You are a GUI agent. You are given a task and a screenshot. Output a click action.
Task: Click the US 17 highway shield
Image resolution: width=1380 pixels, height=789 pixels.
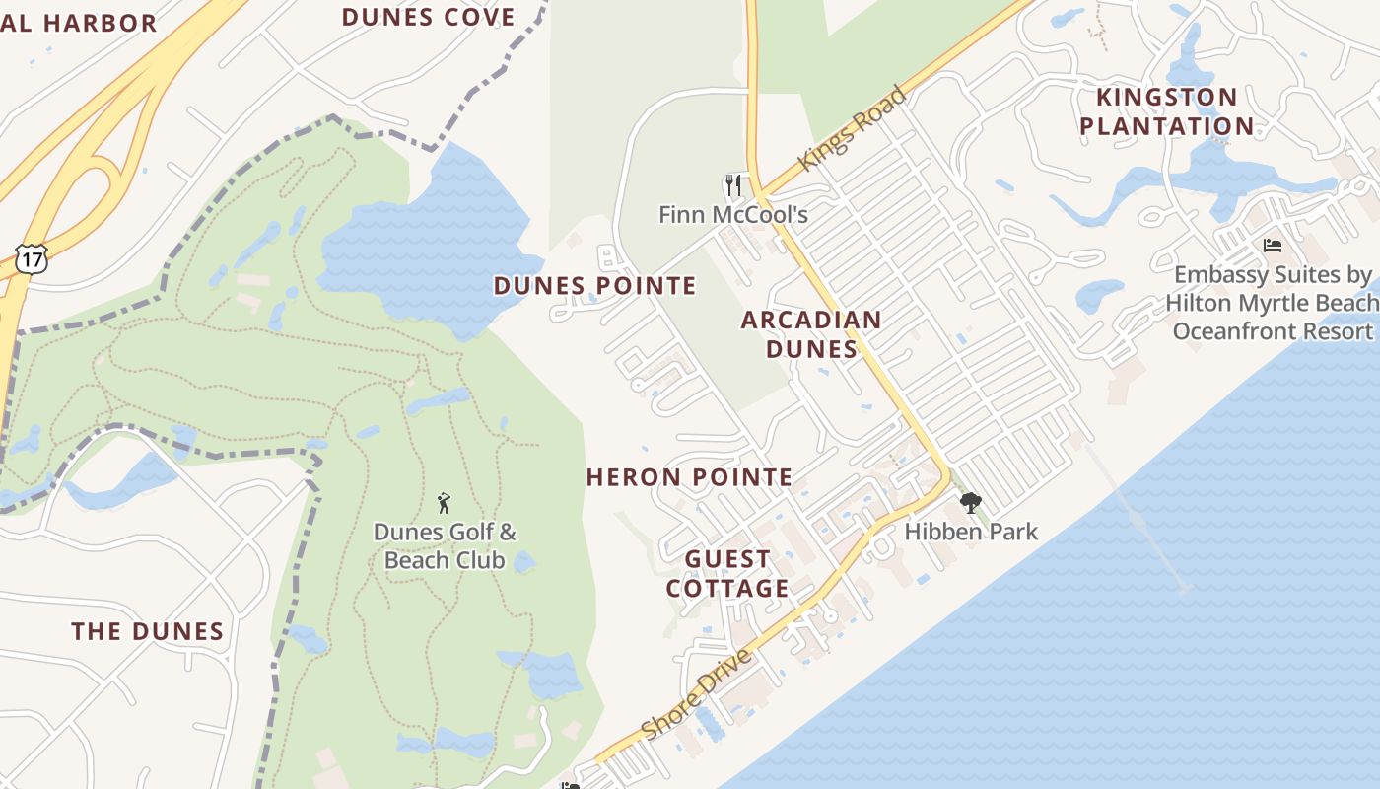click(x=31, y=258)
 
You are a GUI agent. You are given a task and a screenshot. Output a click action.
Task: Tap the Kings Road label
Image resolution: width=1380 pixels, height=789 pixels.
click(x=853, y=129)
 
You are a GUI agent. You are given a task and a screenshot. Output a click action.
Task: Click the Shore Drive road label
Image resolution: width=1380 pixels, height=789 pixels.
click(x=697, y=693)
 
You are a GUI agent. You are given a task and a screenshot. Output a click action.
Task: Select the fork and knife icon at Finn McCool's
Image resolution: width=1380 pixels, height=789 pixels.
click(x=732, y=185)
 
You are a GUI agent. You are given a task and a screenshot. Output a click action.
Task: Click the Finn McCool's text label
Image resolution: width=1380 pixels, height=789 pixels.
click(x=732, y=214)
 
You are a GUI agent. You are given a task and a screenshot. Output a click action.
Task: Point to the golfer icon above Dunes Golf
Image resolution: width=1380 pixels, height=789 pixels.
click(x=444, y=503)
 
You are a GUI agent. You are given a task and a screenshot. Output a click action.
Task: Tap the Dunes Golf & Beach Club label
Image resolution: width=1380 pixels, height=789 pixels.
click(x=445, y=546)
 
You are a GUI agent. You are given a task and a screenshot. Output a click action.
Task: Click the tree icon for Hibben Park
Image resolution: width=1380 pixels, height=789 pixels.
click(x=970, y=503)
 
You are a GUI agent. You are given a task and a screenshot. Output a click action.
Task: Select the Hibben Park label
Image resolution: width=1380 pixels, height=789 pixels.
click(x=971, y=532)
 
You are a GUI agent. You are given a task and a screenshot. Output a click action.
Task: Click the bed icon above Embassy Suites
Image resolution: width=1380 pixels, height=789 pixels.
click(x=1273, y=245)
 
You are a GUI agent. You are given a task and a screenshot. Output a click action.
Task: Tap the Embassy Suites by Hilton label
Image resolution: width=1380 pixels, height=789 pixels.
click(x=1272, y=303)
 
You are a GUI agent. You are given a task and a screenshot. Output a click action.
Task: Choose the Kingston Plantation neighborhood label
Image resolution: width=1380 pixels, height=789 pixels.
click(x=1167, y=111)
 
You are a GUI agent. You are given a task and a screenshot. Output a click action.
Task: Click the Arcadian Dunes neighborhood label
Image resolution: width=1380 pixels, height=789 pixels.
click(x=811, y=334)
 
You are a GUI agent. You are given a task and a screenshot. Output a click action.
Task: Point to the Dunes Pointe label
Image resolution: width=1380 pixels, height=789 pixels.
click(x=594, y=286)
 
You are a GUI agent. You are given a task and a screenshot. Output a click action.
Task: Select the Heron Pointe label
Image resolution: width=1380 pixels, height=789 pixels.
click(x=689, y=477)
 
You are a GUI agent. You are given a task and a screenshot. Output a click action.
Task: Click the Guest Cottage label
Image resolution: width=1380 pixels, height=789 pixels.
click(x=727, y=574)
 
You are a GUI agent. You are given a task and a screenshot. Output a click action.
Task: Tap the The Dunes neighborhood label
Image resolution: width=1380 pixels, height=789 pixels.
click(x=148, y=631)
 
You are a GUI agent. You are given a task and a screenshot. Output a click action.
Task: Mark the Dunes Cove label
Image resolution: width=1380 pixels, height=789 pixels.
click(x=428, y=17)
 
